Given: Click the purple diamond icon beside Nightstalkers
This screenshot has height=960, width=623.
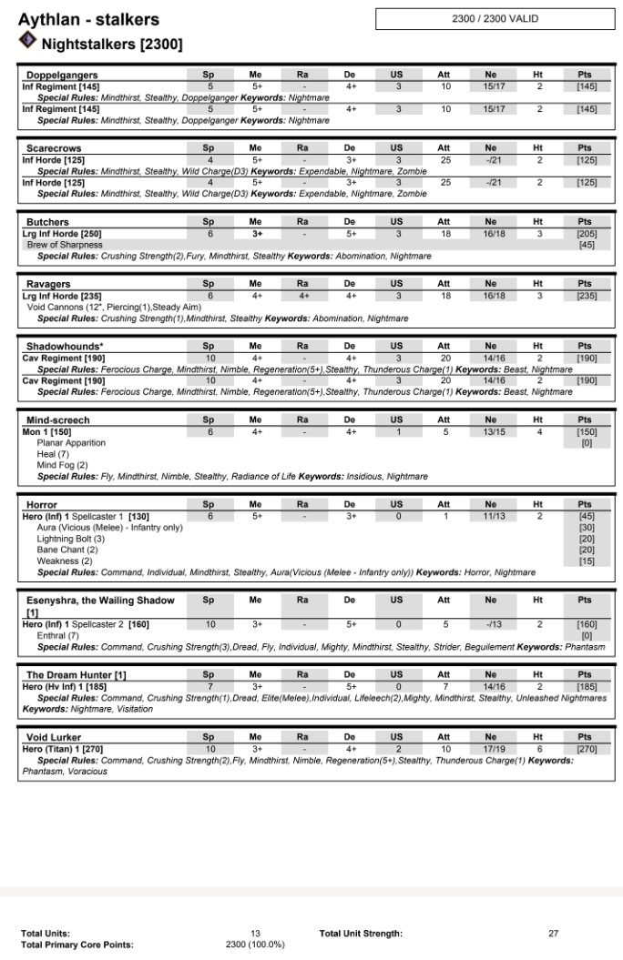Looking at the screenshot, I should click(27, 40).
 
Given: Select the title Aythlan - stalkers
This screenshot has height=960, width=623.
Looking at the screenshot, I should click(88, 19).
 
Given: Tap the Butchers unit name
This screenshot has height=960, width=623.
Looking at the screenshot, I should click(47, 222).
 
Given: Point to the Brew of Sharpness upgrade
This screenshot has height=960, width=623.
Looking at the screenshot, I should click(64, 245).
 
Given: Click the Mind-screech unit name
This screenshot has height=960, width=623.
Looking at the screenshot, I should click(57, 420).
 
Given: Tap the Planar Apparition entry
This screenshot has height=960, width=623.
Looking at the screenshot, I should click(71, 443).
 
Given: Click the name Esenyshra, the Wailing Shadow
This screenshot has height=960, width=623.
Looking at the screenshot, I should click(99, 601).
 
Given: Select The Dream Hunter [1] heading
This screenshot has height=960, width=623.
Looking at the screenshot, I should click(76, 674).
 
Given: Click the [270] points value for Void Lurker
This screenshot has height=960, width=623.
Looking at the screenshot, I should click(586, 748).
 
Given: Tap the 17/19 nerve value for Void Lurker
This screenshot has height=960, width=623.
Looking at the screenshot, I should click(491, 748).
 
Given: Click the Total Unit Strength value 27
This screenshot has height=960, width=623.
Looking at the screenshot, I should click(554, 933).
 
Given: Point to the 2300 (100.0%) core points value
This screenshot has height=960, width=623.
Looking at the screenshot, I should click(255, 945).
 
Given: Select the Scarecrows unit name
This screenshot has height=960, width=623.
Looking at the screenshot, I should click(54, 147).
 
